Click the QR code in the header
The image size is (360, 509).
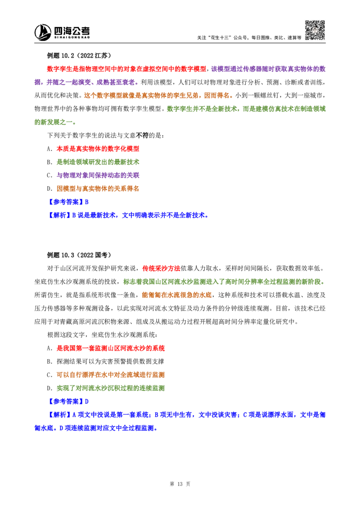pos(315,30)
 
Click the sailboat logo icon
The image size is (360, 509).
pos(43,32)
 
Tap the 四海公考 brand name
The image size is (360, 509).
pos(72,31)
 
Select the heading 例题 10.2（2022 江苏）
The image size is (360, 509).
pos(79,55)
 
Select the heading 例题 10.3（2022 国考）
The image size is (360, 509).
pos(79,255)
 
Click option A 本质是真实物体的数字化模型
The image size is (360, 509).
pos(93,149)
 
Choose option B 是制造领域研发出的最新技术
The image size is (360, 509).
pos(93,162)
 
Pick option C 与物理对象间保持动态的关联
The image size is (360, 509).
pos(93,175)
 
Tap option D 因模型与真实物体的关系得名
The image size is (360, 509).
pos(93,188)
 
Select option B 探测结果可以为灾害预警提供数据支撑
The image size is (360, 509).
pos(106,362)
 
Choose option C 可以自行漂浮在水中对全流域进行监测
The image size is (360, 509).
pos(106,375)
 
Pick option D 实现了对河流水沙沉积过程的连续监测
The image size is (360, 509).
pos(106,388)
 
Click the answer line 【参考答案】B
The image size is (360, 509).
pos(68,202)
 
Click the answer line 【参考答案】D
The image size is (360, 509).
pos(68,402)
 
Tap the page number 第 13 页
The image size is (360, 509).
pos(180,484)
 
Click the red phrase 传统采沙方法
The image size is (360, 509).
pos(161,268)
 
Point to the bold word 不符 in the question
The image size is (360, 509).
pos(142,135)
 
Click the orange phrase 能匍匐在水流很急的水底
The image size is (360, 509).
pos(177,295)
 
